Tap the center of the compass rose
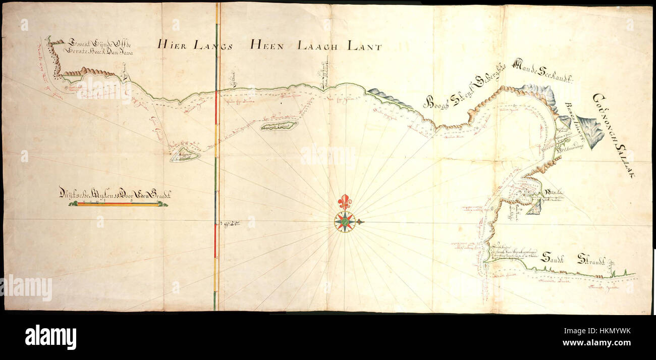(345, 222)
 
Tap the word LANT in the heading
(363, 46)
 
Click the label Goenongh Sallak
(614, 135)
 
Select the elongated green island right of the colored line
(279, 125)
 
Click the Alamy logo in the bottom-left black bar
(51, 337)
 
